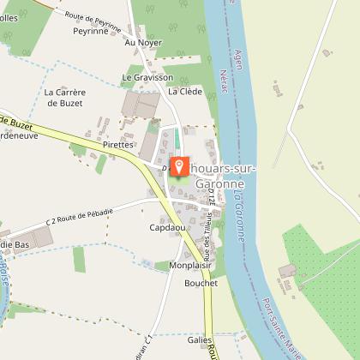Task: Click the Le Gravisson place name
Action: pos(141,76)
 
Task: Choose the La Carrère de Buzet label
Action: pos(64,98)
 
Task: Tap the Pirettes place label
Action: pos(118,145)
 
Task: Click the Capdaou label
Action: pos(167,228)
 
